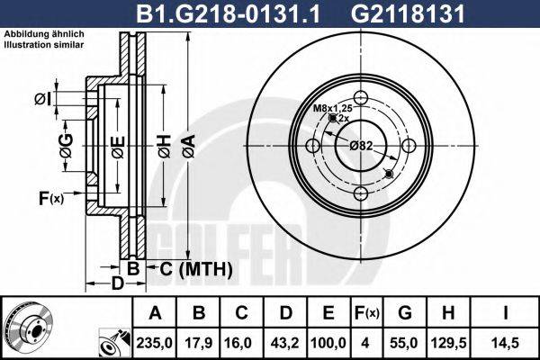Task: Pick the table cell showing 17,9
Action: pyautogui.click(x=200, y=342)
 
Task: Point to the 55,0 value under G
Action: pyautogui.click(x=406, y=342)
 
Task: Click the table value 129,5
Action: pyautogui.click(x=453, y=342)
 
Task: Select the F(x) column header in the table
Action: pyautogui.click(x=366, y=313)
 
